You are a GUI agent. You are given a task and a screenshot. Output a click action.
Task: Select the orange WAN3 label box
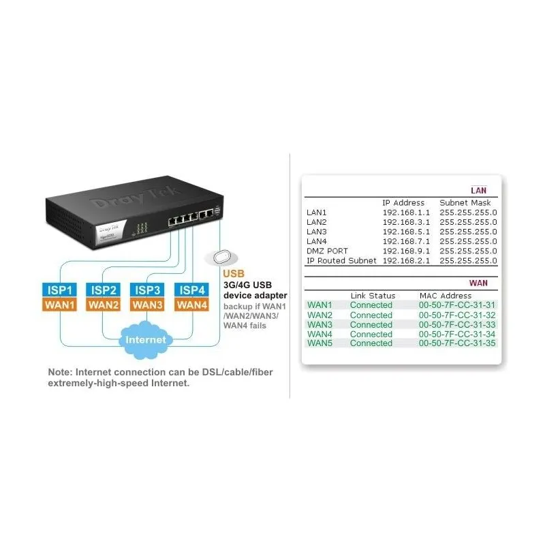147,305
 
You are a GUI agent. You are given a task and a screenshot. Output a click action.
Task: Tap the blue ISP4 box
191,290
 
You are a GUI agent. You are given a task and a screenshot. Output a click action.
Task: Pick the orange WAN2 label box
104,305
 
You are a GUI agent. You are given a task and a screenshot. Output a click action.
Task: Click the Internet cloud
146,339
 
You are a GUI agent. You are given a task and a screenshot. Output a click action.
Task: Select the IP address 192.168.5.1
406,232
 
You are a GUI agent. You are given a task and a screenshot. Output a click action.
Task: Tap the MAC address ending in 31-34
457,334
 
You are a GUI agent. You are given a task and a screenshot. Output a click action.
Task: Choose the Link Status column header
373,296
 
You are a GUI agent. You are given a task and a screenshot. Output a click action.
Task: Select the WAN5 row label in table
320,343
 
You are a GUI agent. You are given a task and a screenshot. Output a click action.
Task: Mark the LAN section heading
478,190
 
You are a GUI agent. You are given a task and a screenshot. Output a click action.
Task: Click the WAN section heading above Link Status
478,283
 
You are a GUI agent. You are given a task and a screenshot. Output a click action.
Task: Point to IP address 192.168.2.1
406,260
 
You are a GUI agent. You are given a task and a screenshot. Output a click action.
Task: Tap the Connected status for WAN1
371,305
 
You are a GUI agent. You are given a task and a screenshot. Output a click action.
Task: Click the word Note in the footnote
60,372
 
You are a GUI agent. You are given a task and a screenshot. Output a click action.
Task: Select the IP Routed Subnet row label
341,260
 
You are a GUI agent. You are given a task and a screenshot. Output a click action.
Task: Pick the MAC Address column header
446,296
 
